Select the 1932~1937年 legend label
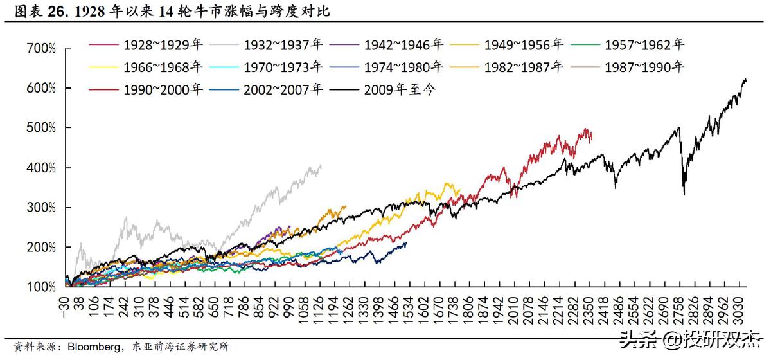coord(283,45)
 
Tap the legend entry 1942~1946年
coord(403,45)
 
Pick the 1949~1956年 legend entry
coord(524,45)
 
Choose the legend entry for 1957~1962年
coord(645,45)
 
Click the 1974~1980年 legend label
coord(403,66)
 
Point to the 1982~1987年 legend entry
coord(524,66)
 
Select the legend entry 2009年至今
coord(400,88)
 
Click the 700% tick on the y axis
coord(42,48)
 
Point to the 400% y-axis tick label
coord(42,168)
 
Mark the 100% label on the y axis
coord(42,287)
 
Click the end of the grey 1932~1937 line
coord(321,166)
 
